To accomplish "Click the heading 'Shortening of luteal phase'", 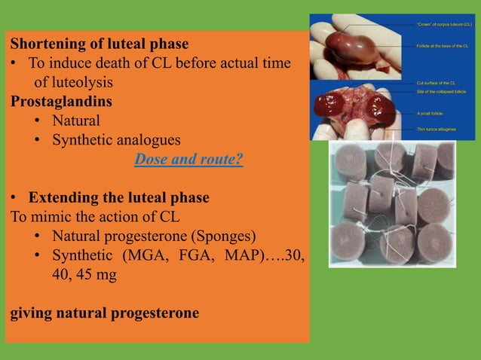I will [99, 44].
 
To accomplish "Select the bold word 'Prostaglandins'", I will [61, 100].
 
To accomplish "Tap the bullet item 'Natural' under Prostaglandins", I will [75, 120].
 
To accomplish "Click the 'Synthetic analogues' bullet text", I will [115, 139].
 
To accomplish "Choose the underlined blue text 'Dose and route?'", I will [188, 160].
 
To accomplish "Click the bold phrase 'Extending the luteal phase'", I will [118, 198].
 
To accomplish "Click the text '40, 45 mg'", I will [84, 275].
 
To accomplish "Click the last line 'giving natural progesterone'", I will [105, 313].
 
